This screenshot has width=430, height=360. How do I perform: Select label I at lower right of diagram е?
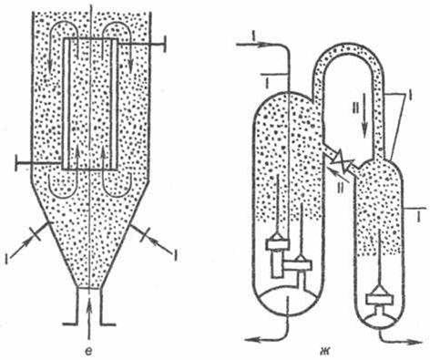175,255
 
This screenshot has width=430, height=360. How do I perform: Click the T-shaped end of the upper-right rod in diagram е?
165,45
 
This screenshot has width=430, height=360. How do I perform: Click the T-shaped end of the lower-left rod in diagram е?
17,162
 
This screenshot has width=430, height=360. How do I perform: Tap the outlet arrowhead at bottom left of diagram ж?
251,339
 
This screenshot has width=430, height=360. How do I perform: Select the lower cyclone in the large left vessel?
300,265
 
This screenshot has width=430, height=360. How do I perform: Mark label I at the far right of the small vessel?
419,217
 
